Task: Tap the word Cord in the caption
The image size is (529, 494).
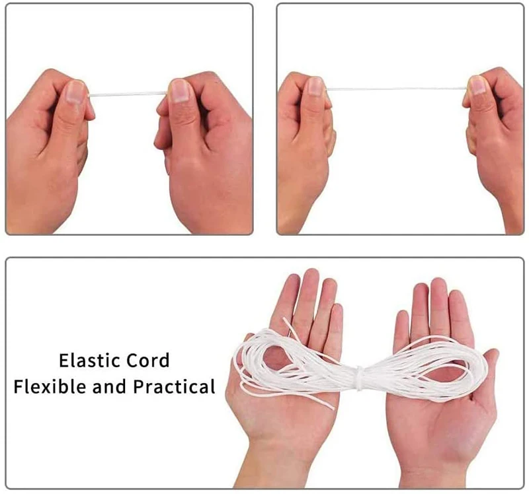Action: point(147,361)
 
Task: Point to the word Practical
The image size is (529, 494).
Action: point(175,386)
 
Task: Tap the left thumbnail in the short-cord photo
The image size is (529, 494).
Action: point(76,90)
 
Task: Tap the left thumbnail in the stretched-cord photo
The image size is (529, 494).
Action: point(315,86)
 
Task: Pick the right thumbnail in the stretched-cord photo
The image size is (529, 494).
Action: point(477,85)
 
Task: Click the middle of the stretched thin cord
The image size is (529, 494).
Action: point(397,88)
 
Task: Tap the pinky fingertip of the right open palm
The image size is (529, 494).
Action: point(399,320)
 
